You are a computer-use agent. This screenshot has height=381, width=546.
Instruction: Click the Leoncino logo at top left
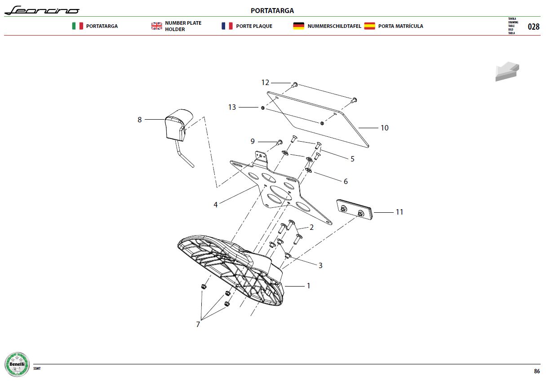[x=42, y=10]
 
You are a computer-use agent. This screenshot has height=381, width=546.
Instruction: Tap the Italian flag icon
[x=77, y=26]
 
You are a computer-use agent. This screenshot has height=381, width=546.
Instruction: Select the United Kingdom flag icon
[x=156, y=26]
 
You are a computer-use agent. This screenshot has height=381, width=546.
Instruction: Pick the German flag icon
[x=298, y=26]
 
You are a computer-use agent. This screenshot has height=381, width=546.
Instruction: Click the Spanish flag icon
[x=369, y=26]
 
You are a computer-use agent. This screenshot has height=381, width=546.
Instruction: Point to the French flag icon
[x=227, y=26]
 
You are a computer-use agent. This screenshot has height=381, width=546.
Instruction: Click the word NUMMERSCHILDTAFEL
[x=334, y=26]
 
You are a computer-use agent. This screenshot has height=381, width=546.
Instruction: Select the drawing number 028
[x=533, y=27]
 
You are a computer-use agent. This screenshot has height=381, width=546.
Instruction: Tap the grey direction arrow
[x=507, y=71]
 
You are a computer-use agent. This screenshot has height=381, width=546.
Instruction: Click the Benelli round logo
[x=17, y=364]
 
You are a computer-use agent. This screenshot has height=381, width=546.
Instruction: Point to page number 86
[x=537, y=371]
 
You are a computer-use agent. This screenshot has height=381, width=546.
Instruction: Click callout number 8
[x=139, y=120]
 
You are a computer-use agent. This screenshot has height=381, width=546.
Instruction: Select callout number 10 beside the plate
[x=385, y=128]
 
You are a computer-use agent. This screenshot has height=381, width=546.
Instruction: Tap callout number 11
[x=399, y=212]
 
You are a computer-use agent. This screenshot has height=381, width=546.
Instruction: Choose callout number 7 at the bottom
[x=198, y=324]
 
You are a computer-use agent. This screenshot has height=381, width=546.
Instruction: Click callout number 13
[x=232, y=107]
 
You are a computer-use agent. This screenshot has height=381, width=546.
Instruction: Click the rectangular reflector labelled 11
[x=355, y=210]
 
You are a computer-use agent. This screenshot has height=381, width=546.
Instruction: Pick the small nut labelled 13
[x=263, y=108]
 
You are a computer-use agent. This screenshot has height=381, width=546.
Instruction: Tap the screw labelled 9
[x=280, y=143]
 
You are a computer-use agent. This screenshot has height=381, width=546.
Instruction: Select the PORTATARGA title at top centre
[x=272, y=11]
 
